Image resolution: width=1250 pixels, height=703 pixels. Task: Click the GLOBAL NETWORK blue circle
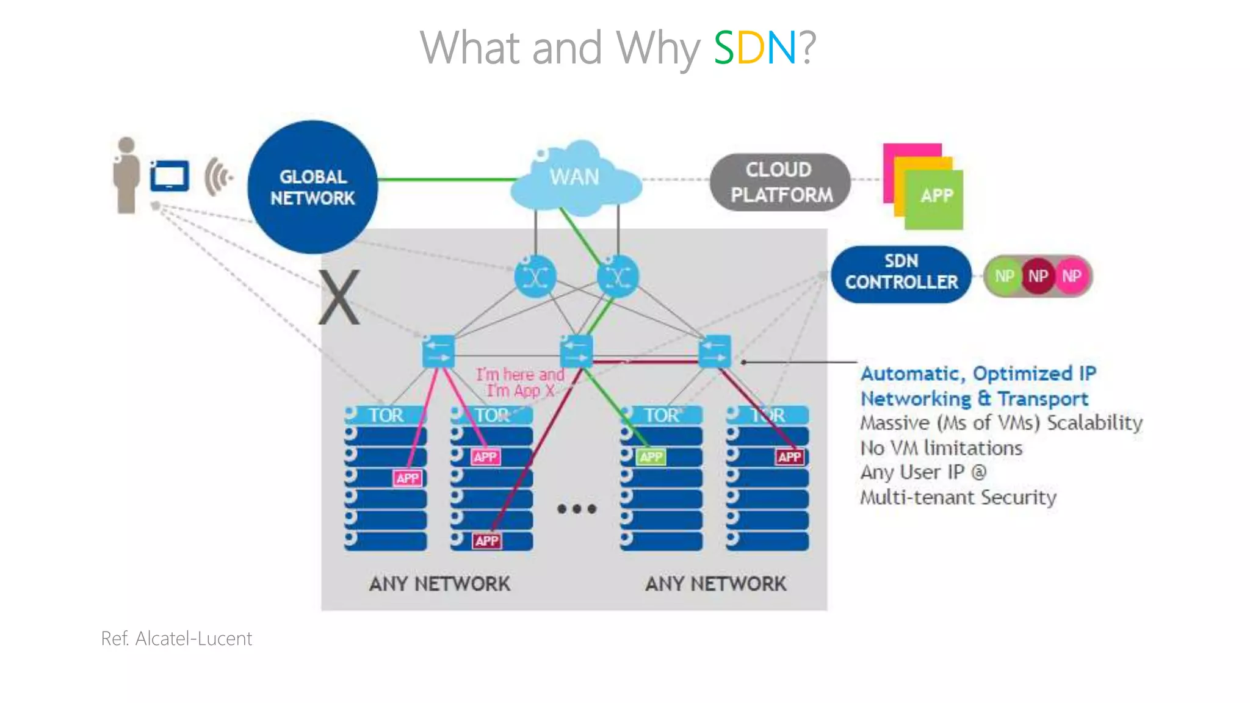[x=312, y=187]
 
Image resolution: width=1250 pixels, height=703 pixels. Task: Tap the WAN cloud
[x=575, y=179]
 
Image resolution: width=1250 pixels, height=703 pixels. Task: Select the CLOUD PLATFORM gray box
[x=781, y=182]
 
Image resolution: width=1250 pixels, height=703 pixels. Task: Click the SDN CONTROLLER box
[x=901, y=272]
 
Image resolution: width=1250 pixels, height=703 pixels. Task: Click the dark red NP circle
[x=1038, y=276]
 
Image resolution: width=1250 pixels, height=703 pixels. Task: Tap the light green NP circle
[x=1004, y=276]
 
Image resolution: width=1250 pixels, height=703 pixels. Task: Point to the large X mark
[x=339, y=298]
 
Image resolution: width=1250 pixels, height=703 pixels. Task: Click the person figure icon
[x=126, y=175]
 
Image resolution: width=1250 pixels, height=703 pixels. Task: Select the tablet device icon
[x=170, y=176]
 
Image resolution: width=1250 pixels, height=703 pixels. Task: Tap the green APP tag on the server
[x=651, y=457]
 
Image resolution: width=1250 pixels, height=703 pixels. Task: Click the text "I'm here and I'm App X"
[x=520, y=383]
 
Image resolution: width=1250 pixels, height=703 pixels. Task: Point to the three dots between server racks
[x=577, y=508]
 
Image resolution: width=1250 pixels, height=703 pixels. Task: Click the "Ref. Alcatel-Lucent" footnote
[x=176, y=638]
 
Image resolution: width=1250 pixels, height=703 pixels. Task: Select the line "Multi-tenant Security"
[x=958, y=497]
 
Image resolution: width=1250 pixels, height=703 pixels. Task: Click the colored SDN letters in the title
[x=755, y=48]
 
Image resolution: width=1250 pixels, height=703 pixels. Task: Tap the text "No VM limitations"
[x=941, y=448]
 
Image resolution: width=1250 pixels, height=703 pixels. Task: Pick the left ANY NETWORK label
[x=439, y=584]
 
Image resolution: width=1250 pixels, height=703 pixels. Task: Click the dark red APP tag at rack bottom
[x=487, y=541]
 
